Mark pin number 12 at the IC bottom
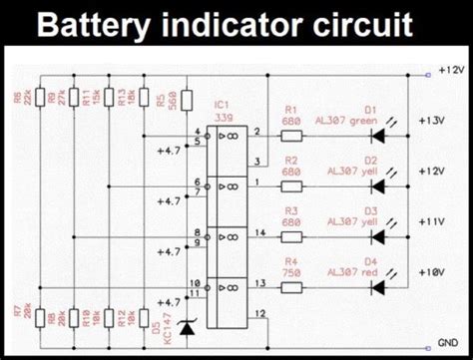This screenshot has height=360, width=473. [259, 314]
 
